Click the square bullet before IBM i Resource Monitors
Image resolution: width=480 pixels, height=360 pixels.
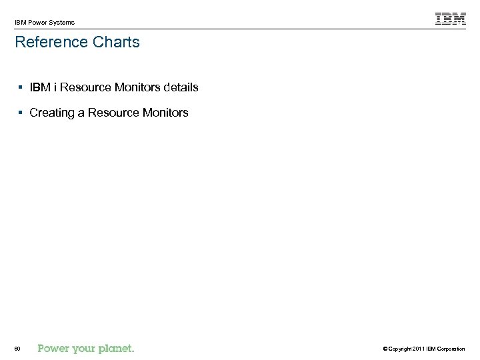(x=22, y=87)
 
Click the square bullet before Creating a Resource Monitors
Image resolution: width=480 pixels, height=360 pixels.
(x=22, y=113)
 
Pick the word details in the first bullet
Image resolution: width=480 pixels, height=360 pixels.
(x=181, y=87)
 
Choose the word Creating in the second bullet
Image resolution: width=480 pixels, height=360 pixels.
(x=52, y=113)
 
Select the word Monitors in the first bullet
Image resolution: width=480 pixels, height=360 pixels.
(x=138, y=87)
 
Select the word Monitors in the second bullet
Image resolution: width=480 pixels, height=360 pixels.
(x=165, y=113)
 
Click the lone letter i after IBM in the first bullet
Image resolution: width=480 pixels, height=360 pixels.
(x=55, y=87)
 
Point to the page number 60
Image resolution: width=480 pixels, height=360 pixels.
(x=17, y=349)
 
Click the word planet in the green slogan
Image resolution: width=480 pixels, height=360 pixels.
(x=117, y=348)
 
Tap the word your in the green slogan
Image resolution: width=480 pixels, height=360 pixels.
(x=83, y=348)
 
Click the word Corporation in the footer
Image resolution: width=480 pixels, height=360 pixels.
(x=452, y=349)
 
